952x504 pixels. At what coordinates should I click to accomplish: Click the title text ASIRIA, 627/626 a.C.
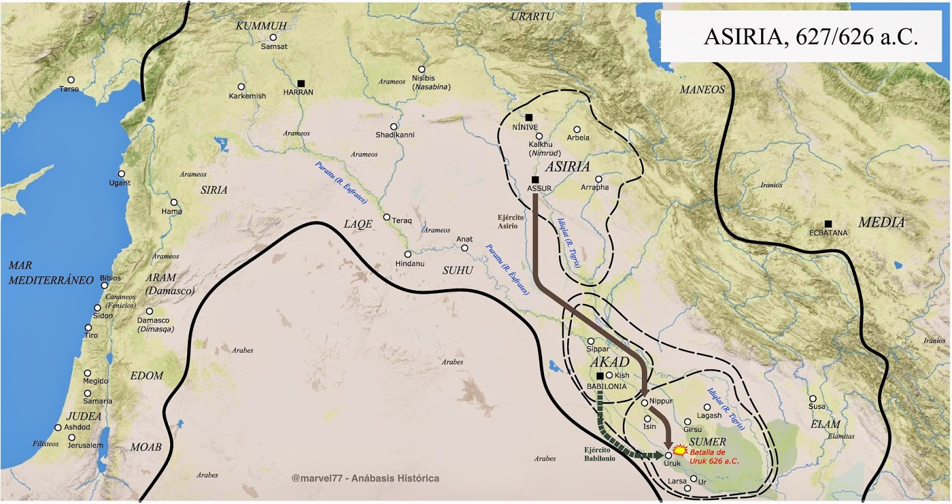810,37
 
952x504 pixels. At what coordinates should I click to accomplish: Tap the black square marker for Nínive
529,117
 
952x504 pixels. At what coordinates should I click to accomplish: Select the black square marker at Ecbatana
828,224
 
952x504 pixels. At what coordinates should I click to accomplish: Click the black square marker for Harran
301,83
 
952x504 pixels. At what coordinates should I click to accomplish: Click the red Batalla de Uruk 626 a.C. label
714,456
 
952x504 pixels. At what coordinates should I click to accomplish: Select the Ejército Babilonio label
599,454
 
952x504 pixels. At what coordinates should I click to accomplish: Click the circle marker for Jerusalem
72,438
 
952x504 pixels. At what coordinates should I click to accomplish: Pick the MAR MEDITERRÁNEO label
51,273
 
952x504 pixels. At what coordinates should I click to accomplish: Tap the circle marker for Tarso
71,80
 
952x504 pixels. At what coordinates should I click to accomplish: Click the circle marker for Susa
813,399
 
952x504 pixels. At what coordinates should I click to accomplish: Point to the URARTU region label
532,17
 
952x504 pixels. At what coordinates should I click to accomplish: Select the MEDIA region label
881,223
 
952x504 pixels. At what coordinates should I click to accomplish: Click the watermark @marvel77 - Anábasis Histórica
365,478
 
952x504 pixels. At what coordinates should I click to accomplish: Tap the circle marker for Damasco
150,311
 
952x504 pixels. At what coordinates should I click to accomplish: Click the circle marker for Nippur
644,403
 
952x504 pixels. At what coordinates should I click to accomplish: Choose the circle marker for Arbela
577,129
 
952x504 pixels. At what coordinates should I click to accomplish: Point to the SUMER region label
707,442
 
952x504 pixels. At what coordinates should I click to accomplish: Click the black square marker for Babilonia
600,376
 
